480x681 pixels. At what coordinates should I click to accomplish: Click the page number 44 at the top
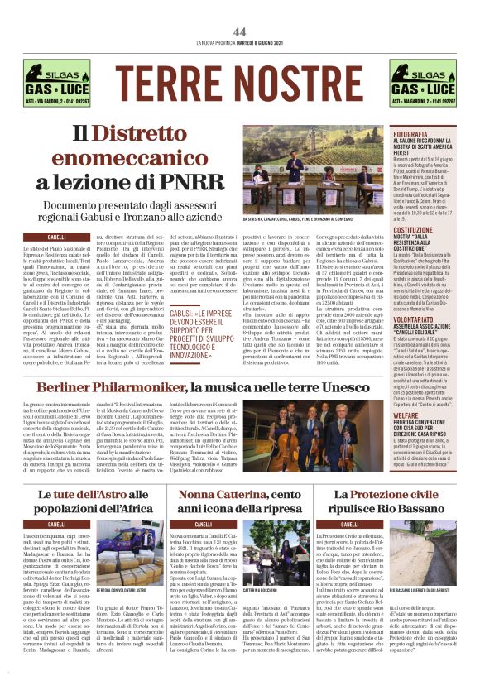click(240, 31)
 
